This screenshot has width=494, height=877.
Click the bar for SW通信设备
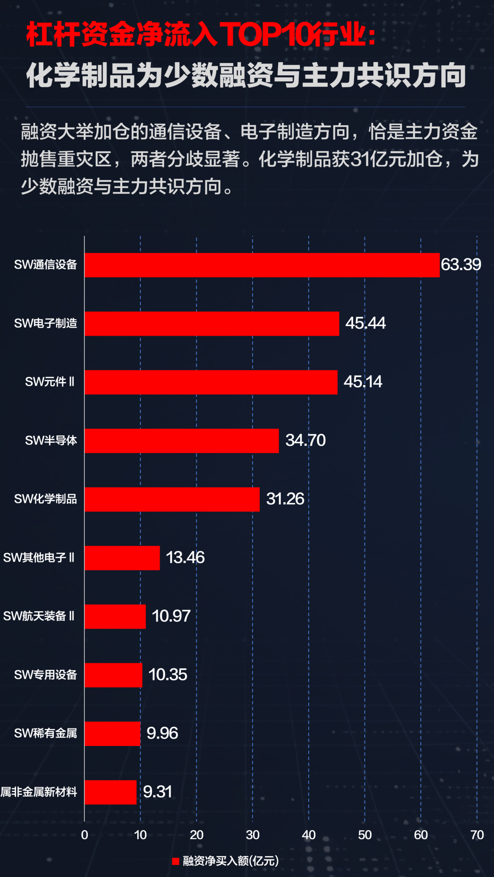(262, 265)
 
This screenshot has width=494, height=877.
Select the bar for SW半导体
(182, 441)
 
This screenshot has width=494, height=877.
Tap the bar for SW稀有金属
(113, 734)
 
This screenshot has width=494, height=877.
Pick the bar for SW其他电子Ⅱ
(122, 558)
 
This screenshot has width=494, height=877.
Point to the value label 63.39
(461, 264)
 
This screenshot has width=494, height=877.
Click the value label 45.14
(363, 382)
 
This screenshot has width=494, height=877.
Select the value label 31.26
(285, 499)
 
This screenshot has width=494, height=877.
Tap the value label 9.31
(157, 792)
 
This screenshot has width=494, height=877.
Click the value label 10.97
(171, 616)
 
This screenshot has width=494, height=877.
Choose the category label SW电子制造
(46, 323)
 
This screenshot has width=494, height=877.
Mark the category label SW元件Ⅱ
(50, 382)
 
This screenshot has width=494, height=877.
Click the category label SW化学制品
(46, 499)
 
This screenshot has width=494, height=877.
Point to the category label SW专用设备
(46, 675)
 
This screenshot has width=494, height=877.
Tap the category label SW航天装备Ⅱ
(39, 616)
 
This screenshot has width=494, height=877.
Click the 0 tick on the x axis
(85, 835)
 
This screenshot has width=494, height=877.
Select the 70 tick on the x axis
(477, 835)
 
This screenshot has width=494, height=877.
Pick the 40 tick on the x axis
(309, 835)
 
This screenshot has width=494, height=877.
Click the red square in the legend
(176, 861)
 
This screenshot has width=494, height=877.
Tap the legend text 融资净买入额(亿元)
(231, 861)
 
